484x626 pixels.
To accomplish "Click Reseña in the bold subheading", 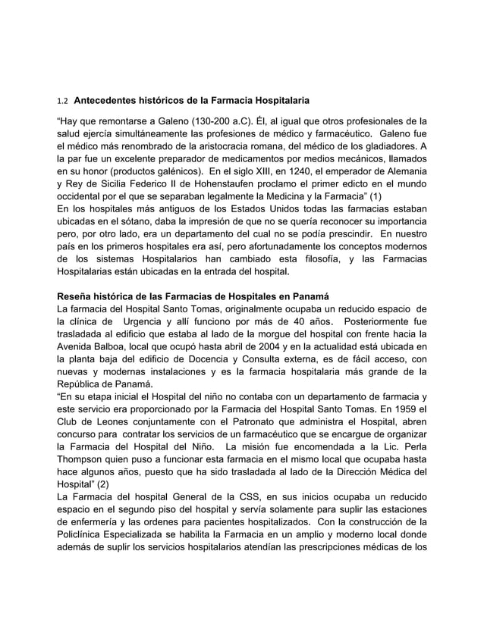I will pos(77,296).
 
